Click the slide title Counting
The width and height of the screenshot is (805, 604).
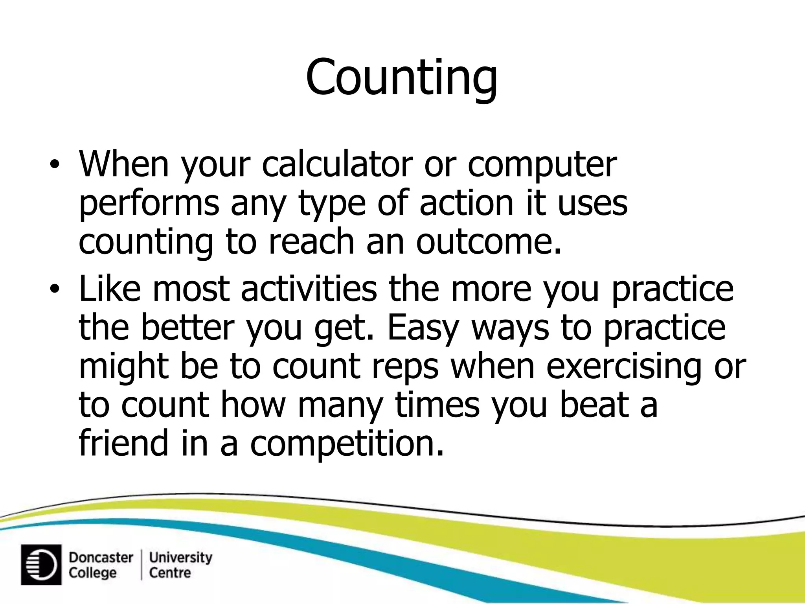pyautogui.click(x=402, y=77)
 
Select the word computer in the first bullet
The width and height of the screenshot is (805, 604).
pyautogui.click(x=542, y=164)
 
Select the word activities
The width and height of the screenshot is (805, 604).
pyautogui.click(x=309, y=289)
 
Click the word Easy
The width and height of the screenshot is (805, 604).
pyautogui.click(x=423, y=328)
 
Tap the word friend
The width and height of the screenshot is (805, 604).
pyautogui.click(x=123, y=443)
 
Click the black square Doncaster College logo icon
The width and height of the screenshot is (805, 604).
pyautogui.click(x=41, y=565)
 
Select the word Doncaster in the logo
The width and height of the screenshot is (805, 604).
pyautogui.click(x=101, y=558)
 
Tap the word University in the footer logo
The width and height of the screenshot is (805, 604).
pyautogui.click(x=181, y=558)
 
